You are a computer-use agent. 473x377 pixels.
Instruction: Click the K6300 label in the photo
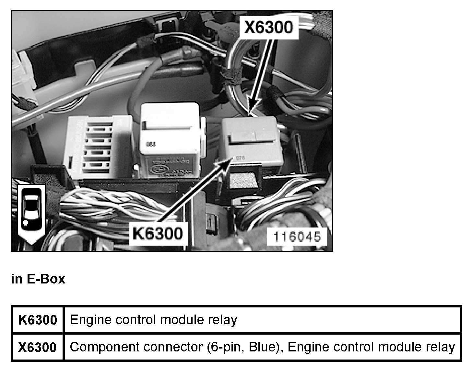[x=157, y=233]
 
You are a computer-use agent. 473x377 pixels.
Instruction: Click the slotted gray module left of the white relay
[x=99, y=147]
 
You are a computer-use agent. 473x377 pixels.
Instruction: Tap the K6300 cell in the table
[x=38, y=320]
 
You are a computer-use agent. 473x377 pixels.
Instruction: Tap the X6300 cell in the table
[x=38, y=347]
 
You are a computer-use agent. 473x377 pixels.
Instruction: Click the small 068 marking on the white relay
[x=151, y=145]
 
